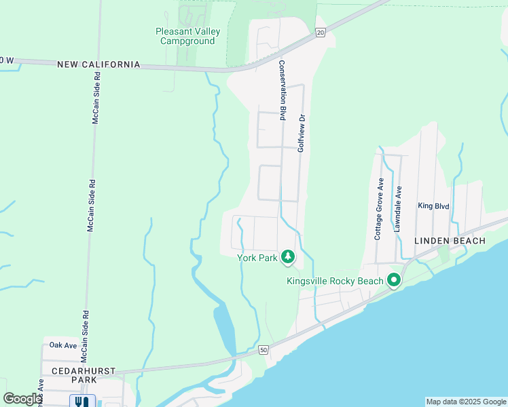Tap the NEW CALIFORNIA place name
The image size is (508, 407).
pos(98,64)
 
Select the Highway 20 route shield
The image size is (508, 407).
pos(321,32)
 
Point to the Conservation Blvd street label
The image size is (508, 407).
pos(281,91)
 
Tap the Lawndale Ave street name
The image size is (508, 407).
pos(399,209)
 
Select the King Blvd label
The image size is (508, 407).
pos(433,206)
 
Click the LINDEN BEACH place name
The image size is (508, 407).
pos(450,241)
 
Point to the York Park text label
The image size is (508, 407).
pos(257,258)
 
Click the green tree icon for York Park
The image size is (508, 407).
pos(288,256)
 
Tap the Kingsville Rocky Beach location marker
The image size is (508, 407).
pos(393,279)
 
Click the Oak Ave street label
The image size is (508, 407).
pos(63,345)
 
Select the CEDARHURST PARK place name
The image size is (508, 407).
pos(84,376)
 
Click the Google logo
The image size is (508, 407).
pos(22,399)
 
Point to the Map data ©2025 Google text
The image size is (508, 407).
pos(466,402)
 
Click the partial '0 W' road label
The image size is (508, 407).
pos(7,61)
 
